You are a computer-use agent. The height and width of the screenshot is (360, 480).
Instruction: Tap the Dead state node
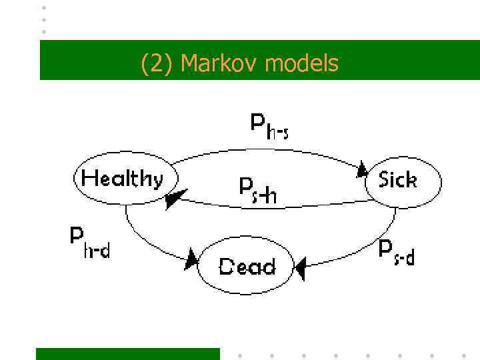[x=247, y=266]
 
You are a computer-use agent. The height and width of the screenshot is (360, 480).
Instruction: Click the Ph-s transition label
[x=269, y=125]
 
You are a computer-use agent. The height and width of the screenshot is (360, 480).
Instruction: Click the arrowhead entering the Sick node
[x=363, y=169]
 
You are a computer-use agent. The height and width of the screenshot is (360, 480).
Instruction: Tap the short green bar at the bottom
[x=127, y=353]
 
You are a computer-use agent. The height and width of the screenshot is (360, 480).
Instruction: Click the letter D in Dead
[x=227, y=267]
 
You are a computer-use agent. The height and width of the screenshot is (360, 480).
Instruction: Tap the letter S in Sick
[x=384, y=179]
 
